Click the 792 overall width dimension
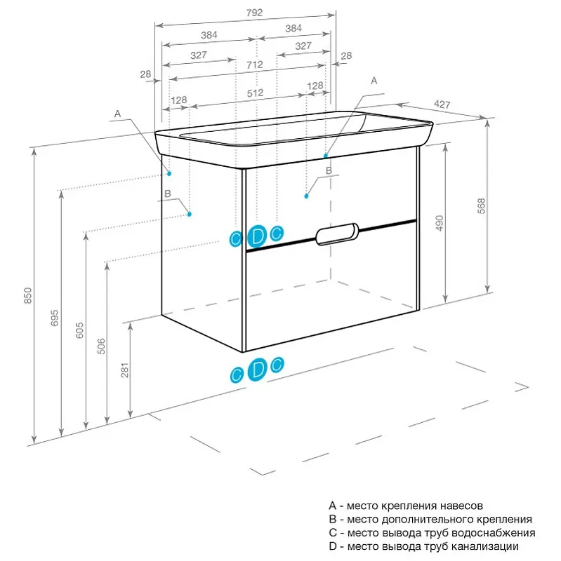(x=235, y=12)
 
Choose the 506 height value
(x=101, y=344)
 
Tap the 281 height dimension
(x=126, y=371)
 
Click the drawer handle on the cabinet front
(x=338, y=235)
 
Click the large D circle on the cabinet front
(x=258, y=236)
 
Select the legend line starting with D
(x=423, y=546)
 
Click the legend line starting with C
(x=430, y=533)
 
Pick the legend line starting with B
(x=430, y=520)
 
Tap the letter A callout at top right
(x=374, y=81)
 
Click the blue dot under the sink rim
(x=326, y=154)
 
